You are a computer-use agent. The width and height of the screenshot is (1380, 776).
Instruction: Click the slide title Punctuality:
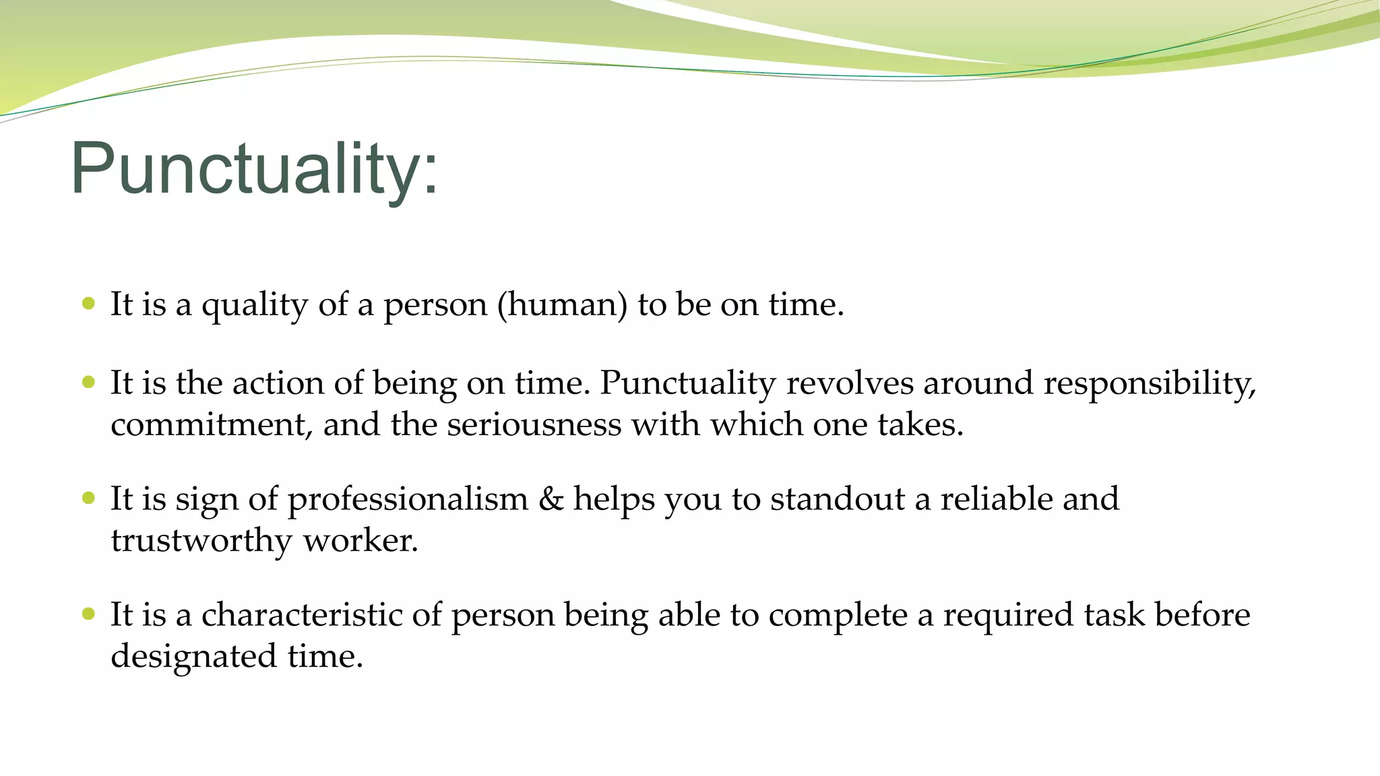tap(255, 168)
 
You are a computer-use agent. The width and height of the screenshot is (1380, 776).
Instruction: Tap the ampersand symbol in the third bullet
tap(551, 499)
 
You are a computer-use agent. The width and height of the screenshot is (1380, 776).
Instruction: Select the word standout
tap(837, 499)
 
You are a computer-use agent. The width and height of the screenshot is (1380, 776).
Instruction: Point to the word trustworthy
tap(201, 542)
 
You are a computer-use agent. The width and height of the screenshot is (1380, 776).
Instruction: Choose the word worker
tap(360, 542)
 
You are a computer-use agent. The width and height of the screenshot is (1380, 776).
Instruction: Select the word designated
tap(193, 657)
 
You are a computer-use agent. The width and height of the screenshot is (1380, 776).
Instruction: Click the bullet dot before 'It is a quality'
tap(88, 304)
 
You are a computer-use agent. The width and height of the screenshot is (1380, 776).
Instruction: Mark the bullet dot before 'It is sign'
tap(88, 498)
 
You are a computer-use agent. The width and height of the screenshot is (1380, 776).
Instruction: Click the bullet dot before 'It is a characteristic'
tap(88, 614)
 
